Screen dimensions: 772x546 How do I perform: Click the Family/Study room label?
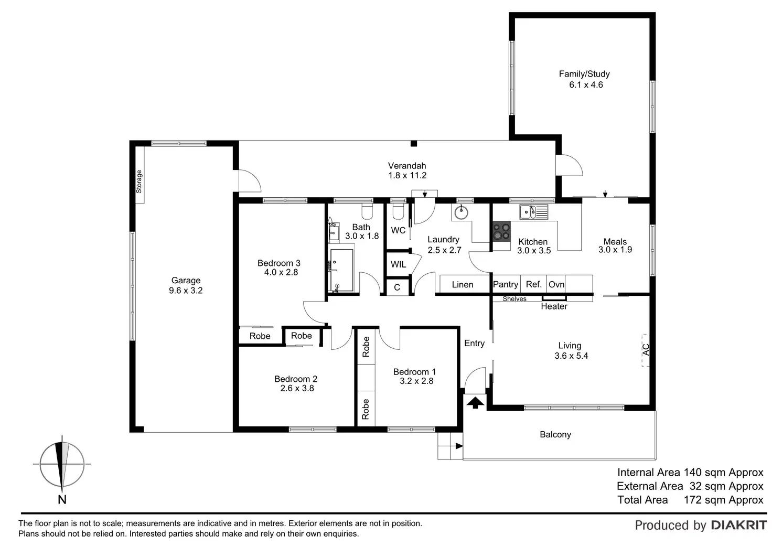(584, 74)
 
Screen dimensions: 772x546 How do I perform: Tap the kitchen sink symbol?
(533, 212)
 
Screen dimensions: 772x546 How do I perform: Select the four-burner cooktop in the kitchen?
(501, 231)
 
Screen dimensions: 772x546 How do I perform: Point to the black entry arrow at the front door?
(475, 403)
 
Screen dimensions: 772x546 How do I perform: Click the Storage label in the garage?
(139, 181)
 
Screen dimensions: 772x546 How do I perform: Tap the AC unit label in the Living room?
(646, 349)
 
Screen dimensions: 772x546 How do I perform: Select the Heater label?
(554, 306)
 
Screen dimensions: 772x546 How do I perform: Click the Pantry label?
(506, 284)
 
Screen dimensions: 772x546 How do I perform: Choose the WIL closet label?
(398, 264)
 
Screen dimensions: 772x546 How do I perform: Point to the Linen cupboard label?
(463, 285)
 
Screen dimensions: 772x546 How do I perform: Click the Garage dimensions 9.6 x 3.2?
(186, 290)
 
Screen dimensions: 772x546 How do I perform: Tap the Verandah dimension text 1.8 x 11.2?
(407, 176)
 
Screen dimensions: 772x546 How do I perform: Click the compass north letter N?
(62, 500)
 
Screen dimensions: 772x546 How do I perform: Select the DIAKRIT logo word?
(738, 525)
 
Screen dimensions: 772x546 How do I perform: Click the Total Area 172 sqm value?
(723, 500)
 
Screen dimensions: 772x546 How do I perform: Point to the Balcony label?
(555, 434)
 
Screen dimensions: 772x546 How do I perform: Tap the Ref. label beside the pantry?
(533, 284)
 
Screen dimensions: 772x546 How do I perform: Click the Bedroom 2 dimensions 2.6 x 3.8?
(297, 388)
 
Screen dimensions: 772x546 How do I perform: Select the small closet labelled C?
(397, 287)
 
